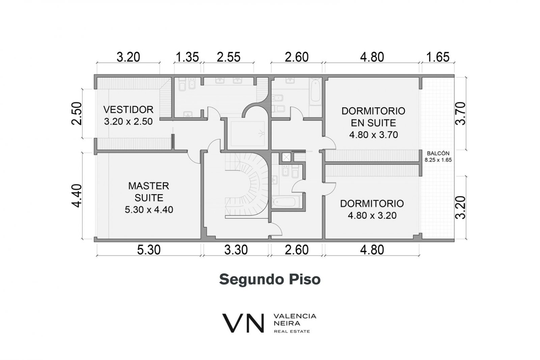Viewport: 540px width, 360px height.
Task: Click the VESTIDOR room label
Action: click(129, 110)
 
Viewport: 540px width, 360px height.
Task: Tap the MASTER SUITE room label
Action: click(149, 192)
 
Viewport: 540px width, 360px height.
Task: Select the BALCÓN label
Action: click(438, 153)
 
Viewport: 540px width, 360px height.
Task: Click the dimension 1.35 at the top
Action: click(187, 57)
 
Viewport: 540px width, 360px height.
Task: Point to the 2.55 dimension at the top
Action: click(228, 57)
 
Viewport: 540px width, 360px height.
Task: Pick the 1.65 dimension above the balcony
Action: click(438, 57)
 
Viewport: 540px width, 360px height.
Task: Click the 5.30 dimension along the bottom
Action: click(149, 250)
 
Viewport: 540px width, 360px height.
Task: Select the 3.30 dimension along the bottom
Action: click(236, 250)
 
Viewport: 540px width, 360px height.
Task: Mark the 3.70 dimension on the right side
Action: click(460, 113)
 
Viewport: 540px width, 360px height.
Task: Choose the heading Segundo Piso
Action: click(270, 279)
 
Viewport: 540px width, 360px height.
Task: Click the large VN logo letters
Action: click(243, 323)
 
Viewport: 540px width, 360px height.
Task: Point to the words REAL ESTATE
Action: click(292, 332)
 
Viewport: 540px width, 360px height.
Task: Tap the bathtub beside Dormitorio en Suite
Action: click(316, 93)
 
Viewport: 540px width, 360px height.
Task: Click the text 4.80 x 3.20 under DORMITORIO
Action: click(372, 215)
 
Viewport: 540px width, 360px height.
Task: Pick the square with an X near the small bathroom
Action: click(286, 157)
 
